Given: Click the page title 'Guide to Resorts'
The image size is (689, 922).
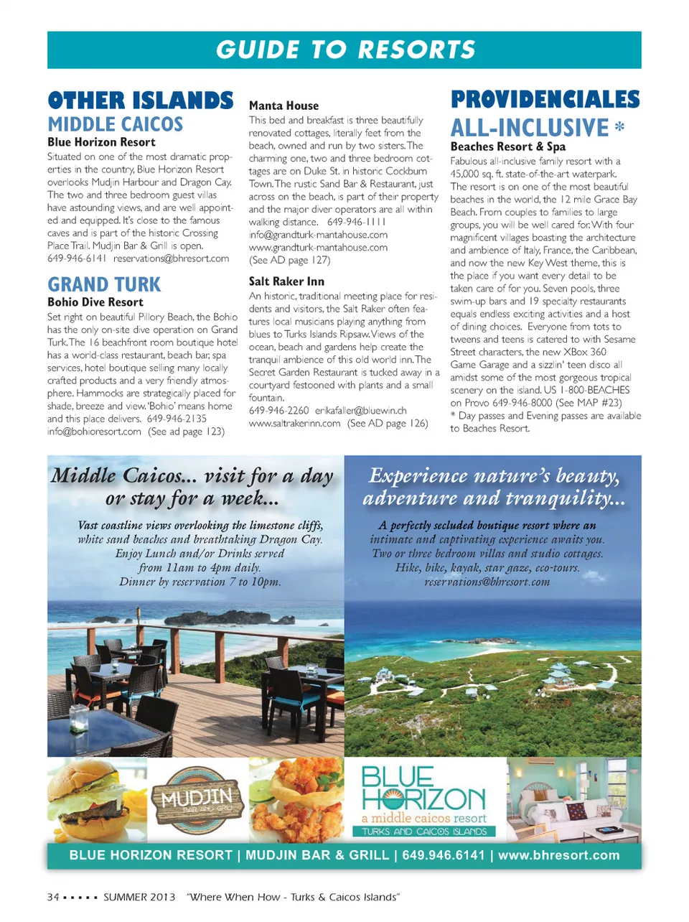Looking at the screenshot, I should pyautogui.click(x=345, y=50).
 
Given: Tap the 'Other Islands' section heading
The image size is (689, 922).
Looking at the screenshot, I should pyautogui.click(x=141, y=100).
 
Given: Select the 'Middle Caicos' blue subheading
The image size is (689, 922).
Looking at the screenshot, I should pyautogui.click(x=116, y=124).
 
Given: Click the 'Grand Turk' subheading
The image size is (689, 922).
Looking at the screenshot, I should pyautogui.click(x=104, y=284).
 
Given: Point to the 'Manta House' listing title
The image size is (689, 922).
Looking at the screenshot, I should pyautogui.click(x=283, y=106).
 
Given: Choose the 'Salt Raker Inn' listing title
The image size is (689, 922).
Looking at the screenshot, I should pyautogui.click(x=286, y=281).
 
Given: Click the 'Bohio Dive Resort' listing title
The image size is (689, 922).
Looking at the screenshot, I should pyautogui.click(x=95, y=302).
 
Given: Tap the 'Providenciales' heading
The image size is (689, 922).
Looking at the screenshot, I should pyautogui.click(x=545, y=99).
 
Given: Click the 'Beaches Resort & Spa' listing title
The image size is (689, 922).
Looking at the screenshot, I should pyautogui.click(x=508, y=146).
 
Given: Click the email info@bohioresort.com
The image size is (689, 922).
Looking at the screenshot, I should pyautogui.click(x=94, y=432).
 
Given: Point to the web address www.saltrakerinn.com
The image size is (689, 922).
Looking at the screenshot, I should pyautogui.click(x=294, y=424).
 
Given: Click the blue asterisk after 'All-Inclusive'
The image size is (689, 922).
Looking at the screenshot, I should pyautogui.click(x=619, y=128).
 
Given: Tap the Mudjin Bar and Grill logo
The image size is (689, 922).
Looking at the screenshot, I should pyautogui.click(x=197, y=801).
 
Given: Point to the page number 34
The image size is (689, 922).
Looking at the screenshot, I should pyautogui.click(x=53, y=897).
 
